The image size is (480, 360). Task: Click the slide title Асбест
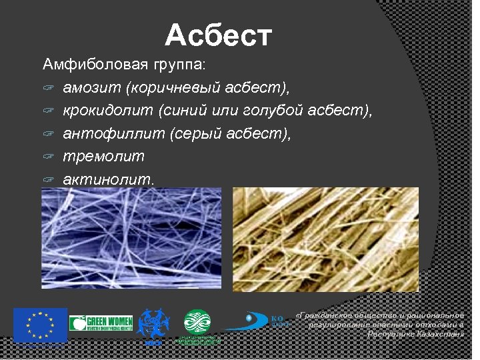[218, 36]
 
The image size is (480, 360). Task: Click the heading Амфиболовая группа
[124, 65]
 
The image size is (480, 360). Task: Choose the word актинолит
[107, 179]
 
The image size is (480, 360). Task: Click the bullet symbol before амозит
[48, 89]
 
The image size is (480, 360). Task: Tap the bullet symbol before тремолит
[48, 157]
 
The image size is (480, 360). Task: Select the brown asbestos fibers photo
[325, 239]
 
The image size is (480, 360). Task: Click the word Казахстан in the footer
[433, 333]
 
